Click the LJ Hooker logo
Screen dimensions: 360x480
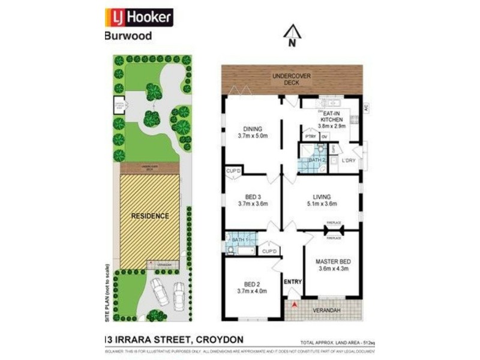click(x=139, y=17)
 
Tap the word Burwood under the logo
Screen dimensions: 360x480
click(x=128, y=35)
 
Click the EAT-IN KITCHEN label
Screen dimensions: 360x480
click(x=332, y=119)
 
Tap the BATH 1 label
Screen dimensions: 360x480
click(x=241, y=241)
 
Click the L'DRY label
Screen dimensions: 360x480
click(x=349, y=161)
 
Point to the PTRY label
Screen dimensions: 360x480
click(x=310, y=137)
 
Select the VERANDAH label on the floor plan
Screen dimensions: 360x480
click(x=327, y=310)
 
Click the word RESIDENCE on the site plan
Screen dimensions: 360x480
click(x=150, y=215)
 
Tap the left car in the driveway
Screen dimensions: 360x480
click(x=161, y=292)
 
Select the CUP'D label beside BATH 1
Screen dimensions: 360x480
click(x=269, y=250)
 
